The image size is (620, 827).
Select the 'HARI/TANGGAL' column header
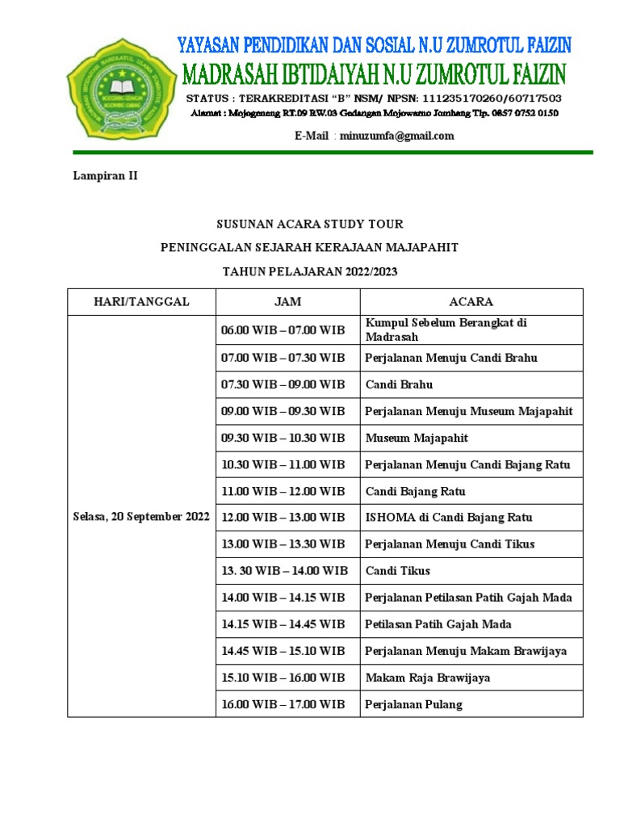[x=141, y=301]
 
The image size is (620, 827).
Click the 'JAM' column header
[x=287, y=301]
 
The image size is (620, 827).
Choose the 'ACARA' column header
[x=471, y=301]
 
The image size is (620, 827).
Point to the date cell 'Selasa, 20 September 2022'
[x=141, y=517]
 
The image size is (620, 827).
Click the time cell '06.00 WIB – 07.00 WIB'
[x=283, y=330]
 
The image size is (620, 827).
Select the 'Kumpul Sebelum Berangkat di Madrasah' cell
[x=446, y=330]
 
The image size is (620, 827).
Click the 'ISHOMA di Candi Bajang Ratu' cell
[x=448, y=517]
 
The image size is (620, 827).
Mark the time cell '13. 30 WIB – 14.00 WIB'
[x=284, y=571]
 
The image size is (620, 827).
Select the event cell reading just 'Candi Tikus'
[x=397, y=571]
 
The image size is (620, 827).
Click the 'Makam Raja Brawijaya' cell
[x=427, y=678]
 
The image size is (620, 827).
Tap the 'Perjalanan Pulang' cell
[x=413, y=704]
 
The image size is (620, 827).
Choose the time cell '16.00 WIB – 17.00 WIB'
[x=283, y=704]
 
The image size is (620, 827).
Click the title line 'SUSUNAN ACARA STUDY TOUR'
[x=310, y=224]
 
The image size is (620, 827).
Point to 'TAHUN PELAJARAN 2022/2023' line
[x=310, y=272]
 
